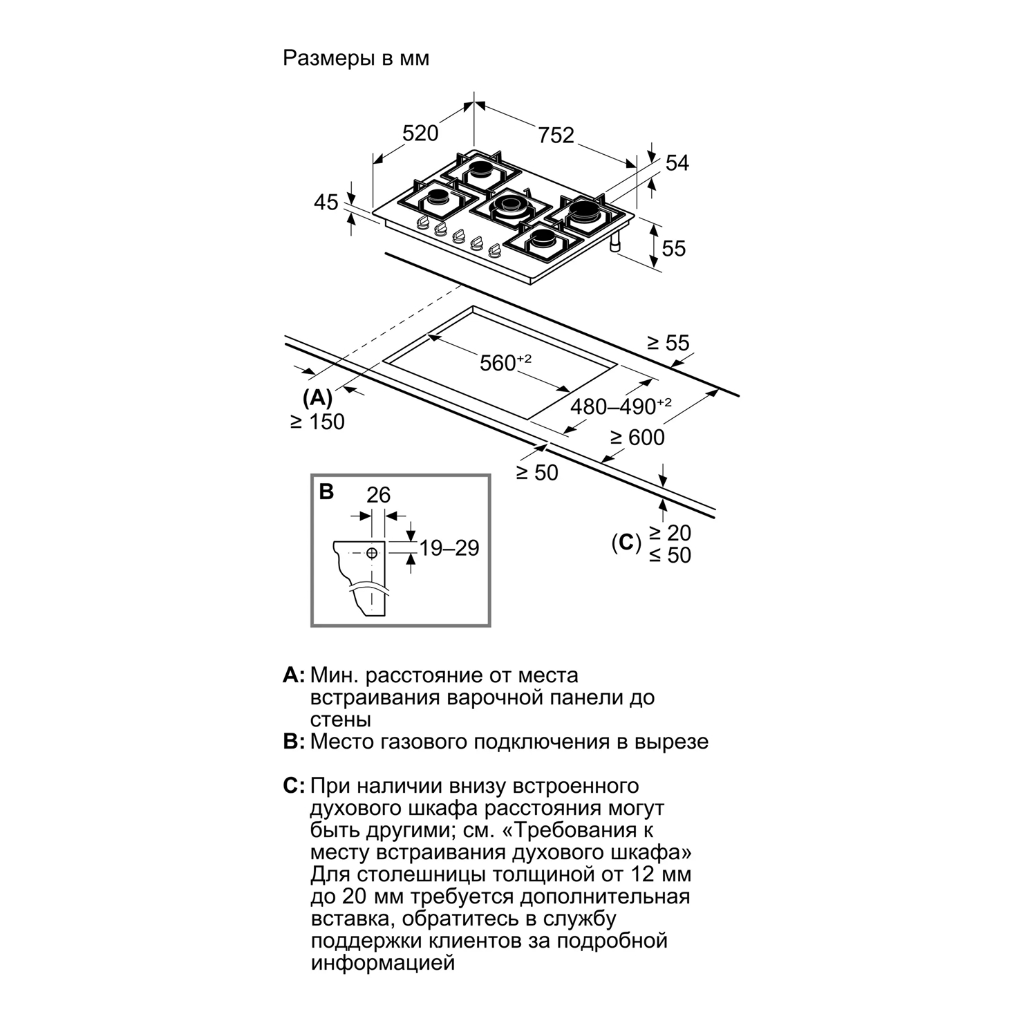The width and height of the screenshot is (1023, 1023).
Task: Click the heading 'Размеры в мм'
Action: [356, 58]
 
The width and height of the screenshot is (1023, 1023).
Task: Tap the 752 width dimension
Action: [556, 134]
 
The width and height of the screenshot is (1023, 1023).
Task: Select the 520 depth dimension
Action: [420, 132]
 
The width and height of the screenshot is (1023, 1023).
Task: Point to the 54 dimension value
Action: [677, 163]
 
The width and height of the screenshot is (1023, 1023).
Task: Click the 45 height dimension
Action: [326, 202]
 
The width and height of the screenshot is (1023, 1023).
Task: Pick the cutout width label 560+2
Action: [505, 362]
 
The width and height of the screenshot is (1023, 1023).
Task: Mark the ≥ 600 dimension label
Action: [637, 437]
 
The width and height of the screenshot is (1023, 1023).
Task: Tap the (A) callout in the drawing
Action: [318, 397]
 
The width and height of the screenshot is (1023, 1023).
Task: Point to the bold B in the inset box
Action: [326, 492]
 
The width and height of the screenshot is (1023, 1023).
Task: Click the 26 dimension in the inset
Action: [379, 494]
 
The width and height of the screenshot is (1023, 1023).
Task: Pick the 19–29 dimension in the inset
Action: [449, 547]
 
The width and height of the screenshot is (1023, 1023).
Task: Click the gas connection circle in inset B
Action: [373, 553]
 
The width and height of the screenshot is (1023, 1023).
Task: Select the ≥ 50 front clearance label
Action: [537, 473]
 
